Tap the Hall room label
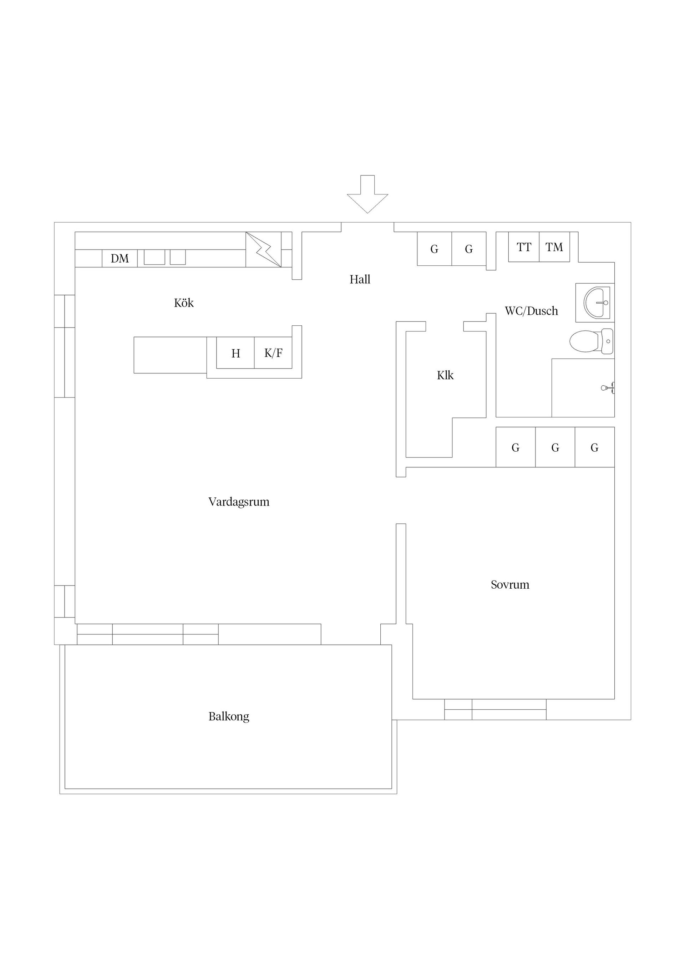point(360,279)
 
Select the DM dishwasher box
point(120,258)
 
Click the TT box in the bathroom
point(523,247)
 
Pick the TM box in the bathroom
point(554,247)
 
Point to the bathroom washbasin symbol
point(596,303)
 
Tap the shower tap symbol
point(608,387)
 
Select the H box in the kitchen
point(235,353)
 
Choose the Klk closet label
point(445,375)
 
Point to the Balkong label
point(229,717)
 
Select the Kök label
point(184,303)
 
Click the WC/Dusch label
point(531,311)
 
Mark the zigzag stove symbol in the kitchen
point(263,249)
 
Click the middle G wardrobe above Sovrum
point(555,447)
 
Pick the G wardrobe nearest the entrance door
point(434,249)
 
